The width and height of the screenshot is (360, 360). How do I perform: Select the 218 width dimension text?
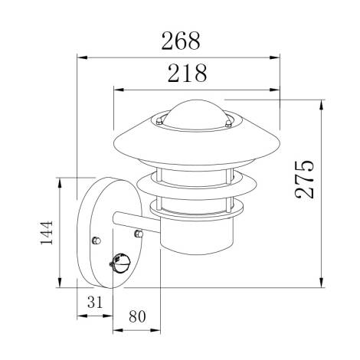click(x=186, y=74)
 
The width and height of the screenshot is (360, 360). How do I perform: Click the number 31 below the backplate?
click(x=94, y=303)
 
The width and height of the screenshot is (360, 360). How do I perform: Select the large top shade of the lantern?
click(x=195, y=142)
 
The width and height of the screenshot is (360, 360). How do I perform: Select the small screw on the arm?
click(x=137, y=232)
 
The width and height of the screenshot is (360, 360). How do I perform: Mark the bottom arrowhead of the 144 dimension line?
click(x=62, y=283)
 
